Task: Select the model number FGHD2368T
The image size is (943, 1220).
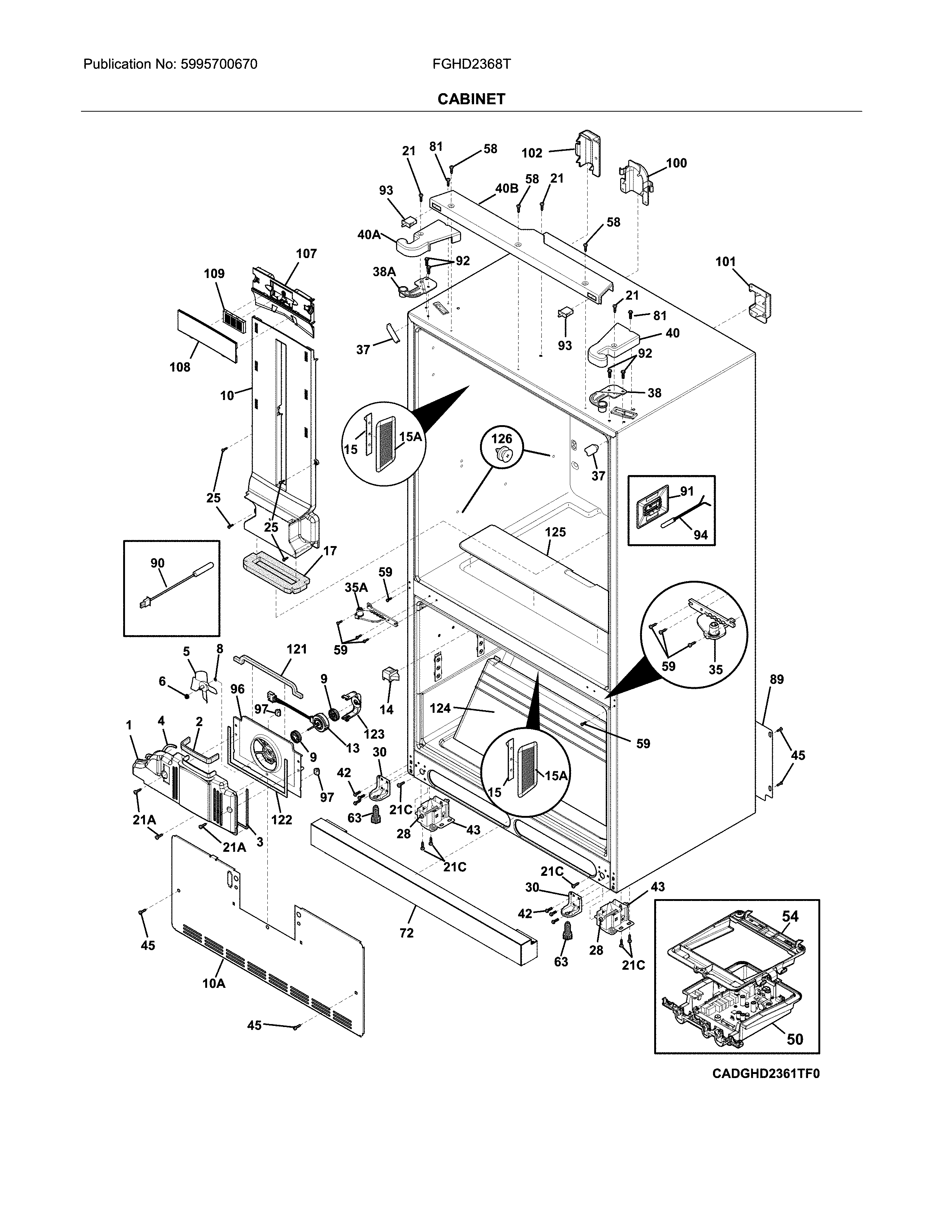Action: [x=471, y=64]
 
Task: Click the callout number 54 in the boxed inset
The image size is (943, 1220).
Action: [x=790, y=916]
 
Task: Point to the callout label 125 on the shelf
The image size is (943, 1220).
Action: [x=555, y=532]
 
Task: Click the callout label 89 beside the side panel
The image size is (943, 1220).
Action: [x=777, y=679]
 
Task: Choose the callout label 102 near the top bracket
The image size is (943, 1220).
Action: [x=532, y=152]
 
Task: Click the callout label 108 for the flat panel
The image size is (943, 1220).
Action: [x=180, y=367]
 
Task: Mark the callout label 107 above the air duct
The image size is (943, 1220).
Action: [x=306, y=254]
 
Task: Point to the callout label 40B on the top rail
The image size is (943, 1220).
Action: [x=506, y=188]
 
